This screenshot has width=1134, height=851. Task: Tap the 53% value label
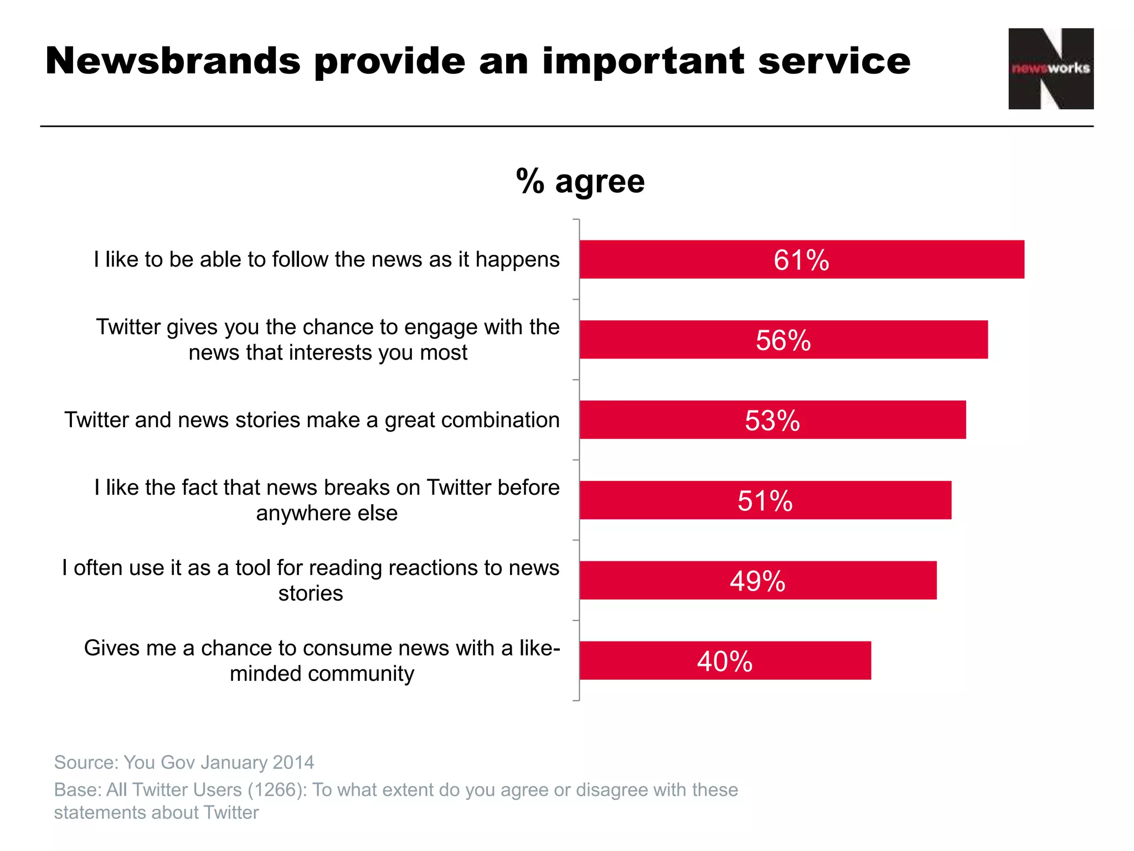(x=772, y=421)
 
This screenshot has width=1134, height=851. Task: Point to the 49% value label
(x=757, y=581)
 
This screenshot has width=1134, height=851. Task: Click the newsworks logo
(x=1050, y=69)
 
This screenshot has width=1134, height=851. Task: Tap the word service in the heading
(x=834, y=61)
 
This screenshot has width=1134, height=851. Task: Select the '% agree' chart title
(x=580, y=181)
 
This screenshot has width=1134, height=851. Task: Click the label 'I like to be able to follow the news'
(x=327, y=259)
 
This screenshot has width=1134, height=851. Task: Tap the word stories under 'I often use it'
(x=311, y=594)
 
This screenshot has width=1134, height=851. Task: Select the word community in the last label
(x=360, y=674)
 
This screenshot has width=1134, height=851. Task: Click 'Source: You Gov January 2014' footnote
(x=184, y=762)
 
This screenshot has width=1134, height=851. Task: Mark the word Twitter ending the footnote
(x=231, y=812)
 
